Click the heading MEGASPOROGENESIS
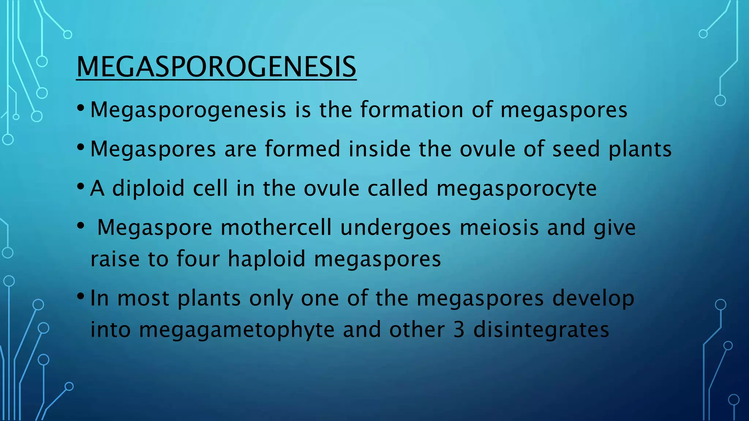click(216, 67)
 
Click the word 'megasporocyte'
click(516, 189)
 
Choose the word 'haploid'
click(267, 259)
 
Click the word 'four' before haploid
click(198, 259)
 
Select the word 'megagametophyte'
click(237, 330)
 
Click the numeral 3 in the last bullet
click(459, 330)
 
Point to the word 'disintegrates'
click(541, 330)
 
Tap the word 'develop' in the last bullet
click(593, 299)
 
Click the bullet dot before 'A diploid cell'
click(81, 187)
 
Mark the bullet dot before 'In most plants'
click(81, 296)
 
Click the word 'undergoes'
click(395, 228)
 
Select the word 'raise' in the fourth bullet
click(115, 259)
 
